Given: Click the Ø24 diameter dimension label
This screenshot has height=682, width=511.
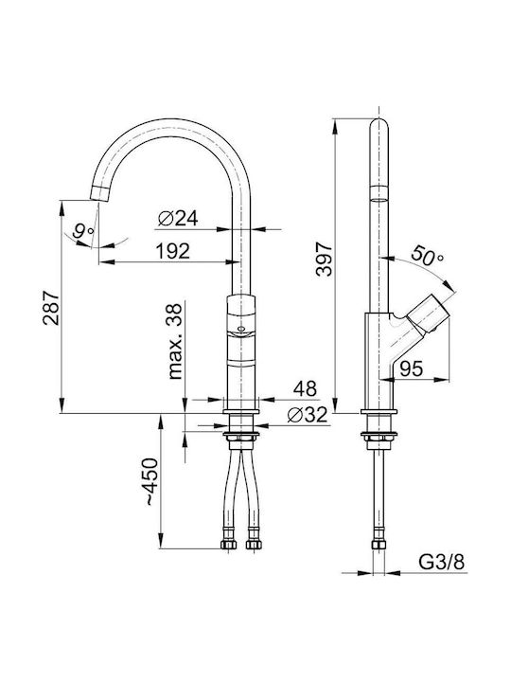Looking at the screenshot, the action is pos(178,218).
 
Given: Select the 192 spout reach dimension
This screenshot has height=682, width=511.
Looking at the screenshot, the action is pos(173,251).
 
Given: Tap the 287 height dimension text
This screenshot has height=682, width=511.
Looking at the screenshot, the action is pos(51,308).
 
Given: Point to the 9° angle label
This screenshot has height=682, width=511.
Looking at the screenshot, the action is pos(83,231).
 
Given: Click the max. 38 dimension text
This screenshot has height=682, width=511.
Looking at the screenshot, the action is pos(175,341).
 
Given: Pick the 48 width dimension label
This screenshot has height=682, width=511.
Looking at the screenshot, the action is pos(305,388).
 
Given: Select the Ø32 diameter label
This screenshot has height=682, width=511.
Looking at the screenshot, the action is pos(308,415).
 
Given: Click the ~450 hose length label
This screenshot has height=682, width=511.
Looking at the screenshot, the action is pos(151,481).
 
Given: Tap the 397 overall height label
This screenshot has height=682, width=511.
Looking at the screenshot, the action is pos(325,260).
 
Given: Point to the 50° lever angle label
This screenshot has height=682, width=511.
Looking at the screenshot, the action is pos(428,256).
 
